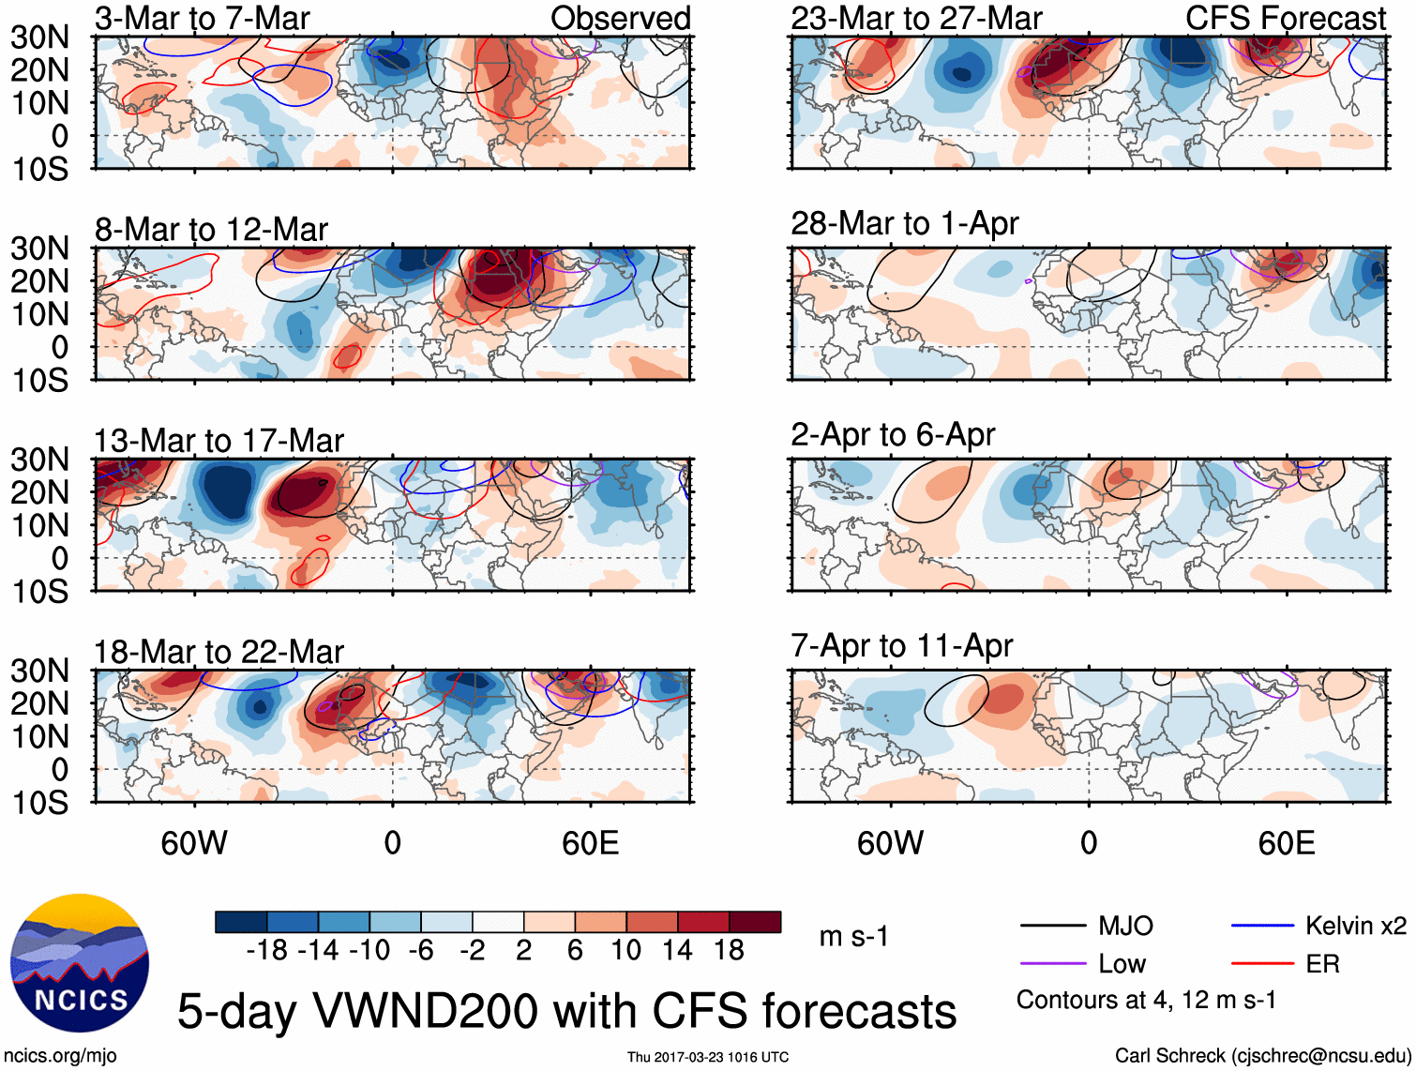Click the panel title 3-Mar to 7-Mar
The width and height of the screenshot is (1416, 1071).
click(202, 18)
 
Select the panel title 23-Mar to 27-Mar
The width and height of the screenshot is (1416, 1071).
click(916, 18)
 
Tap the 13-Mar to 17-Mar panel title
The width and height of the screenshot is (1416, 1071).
click(218, 440)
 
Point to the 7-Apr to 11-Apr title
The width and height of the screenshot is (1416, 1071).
click(901, 645)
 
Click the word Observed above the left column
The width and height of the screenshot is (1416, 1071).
click(620, 18)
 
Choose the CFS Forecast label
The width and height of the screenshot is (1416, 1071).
click(1285, 18)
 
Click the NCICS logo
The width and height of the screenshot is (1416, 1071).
click(80, 963)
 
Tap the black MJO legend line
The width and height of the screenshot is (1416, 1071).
click(1052, 927)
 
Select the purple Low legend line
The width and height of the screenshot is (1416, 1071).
click(1052, 964)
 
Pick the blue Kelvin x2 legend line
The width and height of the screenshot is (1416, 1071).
click(1262, 927)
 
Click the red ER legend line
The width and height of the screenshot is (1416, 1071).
click(1262, 964)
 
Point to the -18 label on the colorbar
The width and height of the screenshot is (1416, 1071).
click(267, 950)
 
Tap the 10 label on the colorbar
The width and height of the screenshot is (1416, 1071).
click(625, 950)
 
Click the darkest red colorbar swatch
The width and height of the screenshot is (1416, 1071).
click(755, 922)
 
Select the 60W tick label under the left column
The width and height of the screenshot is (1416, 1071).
click(194, 842)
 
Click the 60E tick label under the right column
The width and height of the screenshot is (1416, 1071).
click(1286, 842)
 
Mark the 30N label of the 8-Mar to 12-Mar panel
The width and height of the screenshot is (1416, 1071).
click(39, 249)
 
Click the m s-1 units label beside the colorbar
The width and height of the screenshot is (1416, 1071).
click(853, 936)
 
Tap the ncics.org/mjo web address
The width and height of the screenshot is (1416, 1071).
click(60, 1055)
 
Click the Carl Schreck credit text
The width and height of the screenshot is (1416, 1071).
click(1262, 1055)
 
